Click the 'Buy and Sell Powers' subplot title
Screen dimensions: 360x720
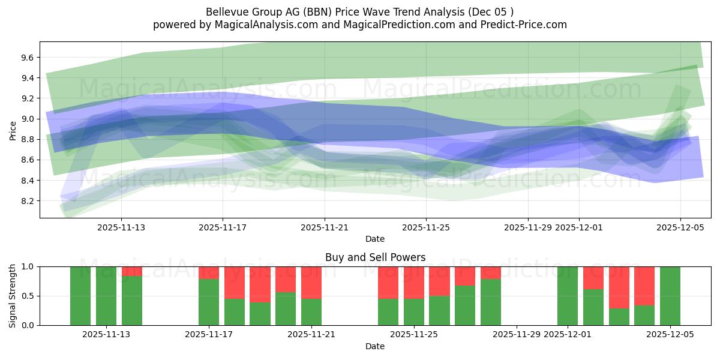click(375, 257)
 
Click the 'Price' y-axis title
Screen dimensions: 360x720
click(13, 130)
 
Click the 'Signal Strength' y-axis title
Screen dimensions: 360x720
click(13, 296)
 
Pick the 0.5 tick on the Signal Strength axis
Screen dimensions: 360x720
click(29, 296)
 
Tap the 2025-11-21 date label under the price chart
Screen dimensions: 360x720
click(324, 227)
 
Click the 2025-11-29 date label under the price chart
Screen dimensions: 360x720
click(527, 227)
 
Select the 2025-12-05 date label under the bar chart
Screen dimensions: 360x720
click(670, 335)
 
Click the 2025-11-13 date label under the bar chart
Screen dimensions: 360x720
click(107, 335)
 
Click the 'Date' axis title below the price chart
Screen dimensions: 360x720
click(375, 239)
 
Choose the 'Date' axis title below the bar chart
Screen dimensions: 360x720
click(375, 346)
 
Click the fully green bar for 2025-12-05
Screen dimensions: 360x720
click(670, 296)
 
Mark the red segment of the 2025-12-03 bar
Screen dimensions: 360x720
click(619, 287)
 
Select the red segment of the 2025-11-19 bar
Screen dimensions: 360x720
click(260, 284)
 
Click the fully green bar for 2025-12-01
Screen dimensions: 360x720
click(568, 296)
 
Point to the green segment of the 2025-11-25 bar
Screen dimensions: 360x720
click(414, 312)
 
